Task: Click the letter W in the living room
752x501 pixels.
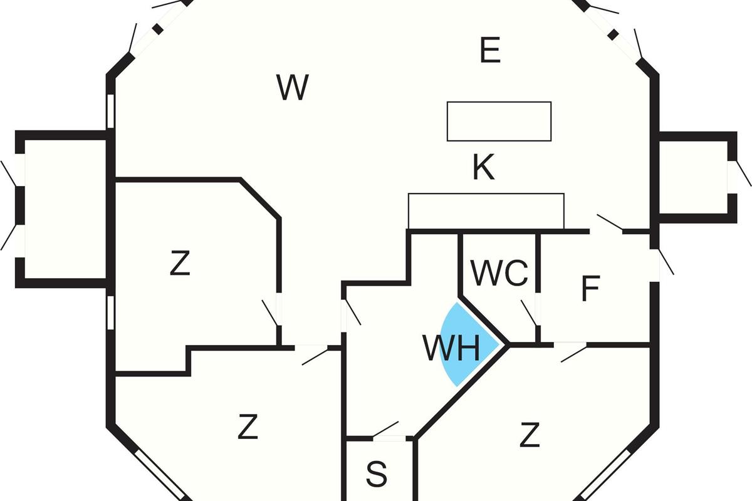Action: [x=293, y=88]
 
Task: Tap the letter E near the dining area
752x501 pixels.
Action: [x=490, y=50]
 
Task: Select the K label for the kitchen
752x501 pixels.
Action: [x=483, y=168]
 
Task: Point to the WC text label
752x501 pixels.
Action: [x=499, y=273]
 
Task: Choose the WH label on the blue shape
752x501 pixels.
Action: [x=451, y=349]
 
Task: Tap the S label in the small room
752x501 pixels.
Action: [x=376, y=475]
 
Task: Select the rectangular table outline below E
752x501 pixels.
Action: [x=499, y=121]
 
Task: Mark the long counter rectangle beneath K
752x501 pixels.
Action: [x=486, y=212]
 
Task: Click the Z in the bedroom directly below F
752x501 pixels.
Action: [x=530, y=435]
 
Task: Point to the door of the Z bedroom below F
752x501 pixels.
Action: [x=572, y=351]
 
